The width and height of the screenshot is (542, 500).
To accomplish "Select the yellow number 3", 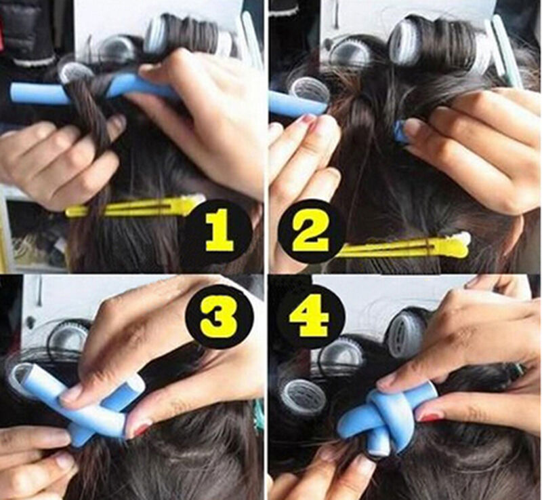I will (220, 314).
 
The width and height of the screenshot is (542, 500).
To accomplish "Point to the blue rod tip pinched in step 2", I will (400, 132).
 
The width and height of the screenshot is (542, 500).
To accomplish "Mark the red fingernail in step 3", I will (140, 429).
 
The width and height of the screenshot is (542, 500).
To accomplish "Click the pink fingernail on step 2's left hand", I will (306, 121).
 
